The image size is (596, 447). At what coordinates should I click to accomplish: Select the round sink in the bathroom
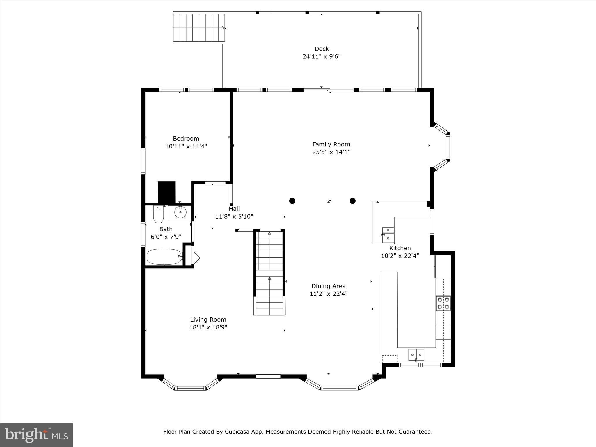coord(180,212)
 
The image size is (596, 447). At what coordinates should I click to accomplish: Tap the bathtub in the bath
coord(164,256)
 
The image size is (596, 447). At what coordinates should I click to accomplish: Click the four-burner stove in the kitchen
coord(443,303)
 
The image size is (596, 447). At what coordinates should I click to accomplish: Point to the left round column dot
coord(292,201)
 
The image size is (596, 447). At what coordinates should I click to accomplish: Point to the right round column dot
coord(352,201)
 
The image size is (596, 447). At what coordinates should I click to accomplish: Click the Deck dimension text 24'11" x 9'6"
coord(321,56)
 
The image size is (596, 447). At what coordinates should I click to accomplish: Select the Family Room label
coord(331,144)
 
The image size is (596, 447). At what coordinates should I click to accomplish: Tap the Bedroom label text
coord(186,139)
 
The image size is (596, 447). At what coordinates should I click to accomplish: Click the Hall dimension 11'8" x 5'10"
coord(234,217)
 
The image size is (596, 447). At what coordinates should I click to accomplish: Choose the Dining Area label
coord(328,286)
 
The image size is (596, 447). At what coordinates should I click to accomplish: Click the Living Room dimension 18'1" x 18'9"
coord(208,327)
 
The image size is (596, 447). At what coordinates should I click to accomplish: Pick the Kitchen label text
coord(400,248)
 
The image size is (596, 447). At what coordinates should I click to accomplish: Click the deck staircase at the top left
coord(199,28)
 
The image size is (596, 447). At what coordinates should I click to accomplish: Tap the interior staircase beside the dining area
coord(269,272)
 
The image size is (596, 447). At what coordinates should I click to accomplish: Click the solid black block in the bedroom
coord(167,192)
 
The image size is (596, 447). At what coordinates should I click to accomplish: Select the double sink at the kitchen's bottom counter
coord(416,355)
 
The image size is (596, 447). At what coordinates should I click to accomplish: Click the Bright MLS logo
coord(36,435)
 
